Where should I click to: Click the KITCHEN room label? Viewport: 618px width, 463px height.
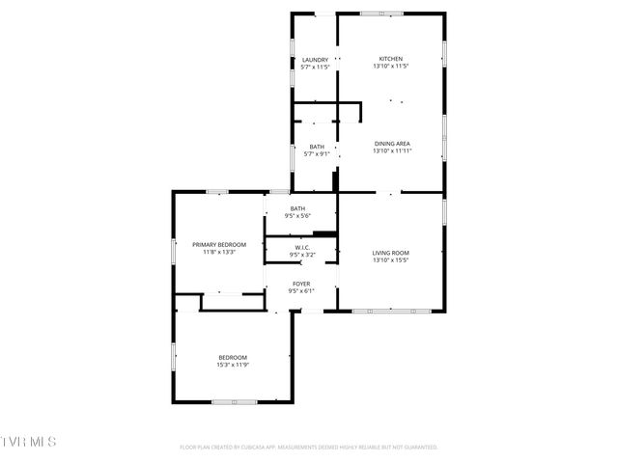[390, 58]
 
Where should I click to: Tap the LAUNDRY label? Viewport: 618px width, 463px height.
[316, 60]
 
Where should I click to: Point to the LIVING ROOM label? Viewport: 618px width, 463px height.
[391, 253]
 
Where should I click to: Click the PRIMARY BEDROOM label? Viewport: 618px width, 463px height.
[218, 245]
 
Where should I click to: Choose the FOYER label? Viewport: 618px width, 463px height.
[301, 284]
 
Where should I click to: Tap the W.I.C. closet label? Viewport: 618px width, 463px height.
[301, 247]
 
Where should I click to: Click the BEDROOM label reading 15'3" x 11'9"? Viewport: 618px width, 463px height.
[233, 358]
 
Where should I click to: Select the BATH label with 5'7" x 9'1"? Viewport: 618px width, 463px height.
[317, 147]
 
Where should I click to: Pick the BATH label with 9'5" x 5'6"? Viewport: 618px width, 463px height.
[298, 208]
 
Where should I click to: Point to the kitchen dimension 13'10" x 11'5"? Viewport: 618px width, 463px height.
[390, 67]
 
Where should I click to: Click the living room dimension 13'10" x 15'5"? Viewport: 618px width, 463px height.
[391, 260]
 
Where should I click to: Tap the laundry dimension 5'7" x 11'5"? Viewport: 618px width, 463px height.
[316, 68]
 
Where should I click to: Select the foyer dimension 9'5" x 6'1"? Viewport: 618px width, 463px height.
[301, 291]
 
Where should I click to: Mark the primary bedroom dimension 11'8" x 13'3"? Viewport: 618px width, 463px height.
[218, 253]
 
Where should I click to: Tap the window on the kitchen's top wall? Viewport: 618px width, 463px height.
[382, 14]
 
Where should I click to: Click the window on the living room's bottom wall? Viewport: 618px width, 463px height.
[391, 311]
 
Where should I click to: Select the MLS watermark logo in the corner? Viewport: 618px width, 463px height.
[28, 442]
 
